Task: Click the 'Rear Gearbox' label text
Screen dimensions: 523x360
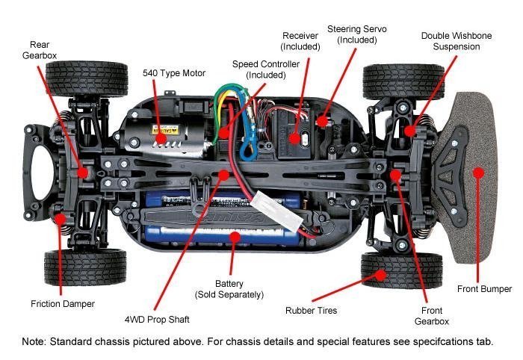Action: (x=40, y=50)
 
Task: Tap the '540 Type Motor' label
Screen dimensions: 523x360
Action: (x=174, y=73)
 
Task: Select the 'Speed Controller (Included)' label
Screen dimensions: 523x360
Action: (x=266, y=69)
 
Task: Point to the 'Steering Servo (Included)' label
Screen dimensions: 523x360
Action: (x=357, y=34)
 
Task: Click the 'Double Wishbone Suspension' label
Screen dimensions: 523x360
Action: (x=457, y=41)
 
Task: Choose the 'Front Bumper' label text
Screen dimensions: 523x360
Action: (x=484, y=288)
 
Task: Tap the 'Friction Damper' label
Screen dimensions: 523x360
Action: (x=63, y=304)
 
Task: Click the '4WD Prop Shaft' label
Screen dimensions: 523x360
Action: (x=157, y=320)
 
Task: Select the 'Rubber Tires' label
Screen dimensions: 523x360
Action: (x=312, y=311)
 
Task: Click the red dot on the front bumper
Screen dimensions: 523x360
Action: (x=479, y=173)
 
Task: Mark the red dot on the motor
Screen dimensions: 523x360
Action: (x=161, y=138)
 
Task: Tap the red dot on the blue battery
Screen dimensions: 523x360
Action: (x=235, y=237)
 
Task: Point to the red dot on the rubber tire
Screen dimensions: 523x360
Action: (x=380, y=276)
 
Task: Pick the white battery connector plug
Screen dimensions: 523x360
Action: (x=277, y=212)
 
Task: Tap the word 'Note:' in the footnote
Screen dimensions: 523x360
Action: (x=34, y=341)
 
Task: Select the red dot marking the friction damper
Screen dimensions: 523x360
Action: (x=60, y=219)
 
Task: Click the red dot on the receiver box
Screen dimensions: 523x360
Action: (x=294, y=139)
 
